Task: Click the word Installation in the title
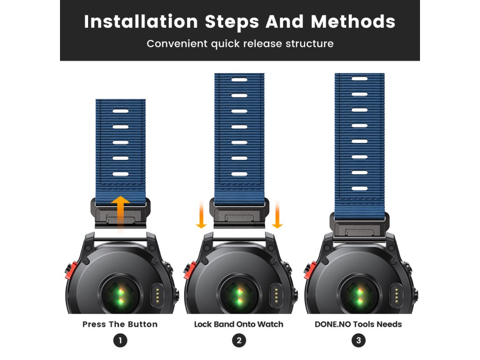pyautogui.click(x=141, y=22)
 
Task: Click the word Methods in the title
pyautogui.click(x=353, y=22)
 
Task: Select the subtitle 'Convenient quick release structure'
pyautogui.click(x=240, y=44)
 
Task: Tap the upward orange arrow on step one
pyautogui.click(x=120, y=213)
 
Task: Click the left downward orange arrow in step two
pyautogui.click(x=201, y=215)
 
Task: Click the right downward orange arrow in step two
pyautogui.click(x=277, y=215)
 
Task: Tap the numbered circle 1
pyautogui.click(x=120, y=340)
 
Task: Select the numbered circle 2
pyautogui.click(x=239, y=340)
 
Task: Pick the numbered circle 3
pyautogui.click(x=359, y=340)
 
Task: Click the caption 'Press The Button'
pyautogui.click(x=120, y=324)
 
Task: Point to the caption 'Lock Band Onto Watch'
pyautogui.click(x=239, y=324)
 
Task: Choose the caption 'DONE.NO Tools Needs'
pyautogui.click(x=358, y=324)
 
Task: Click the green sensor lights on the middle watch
pyautogui.click(x=239, y=296)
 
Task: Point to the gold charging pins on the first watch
pyautogui.click(x=157, y=295)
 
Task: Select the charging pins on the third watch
pyautogui.click(x=397, y=295)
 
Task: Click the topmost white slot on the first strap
pyautogui.click(x=120, y=111)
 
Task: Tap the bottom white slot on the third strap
pyautogui.click(x=360, y=188)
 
